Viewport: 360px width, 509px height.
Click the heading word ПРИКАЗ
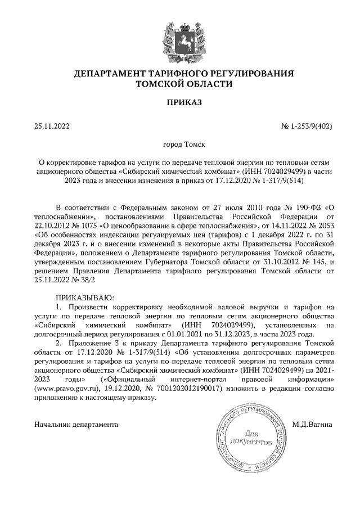pos(180,102)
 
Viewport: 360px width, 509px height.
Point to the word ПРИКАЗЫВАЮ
pos(85,296)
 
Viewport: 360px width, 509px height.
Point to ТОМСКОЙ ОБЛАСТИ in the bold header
pos(180,84)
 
